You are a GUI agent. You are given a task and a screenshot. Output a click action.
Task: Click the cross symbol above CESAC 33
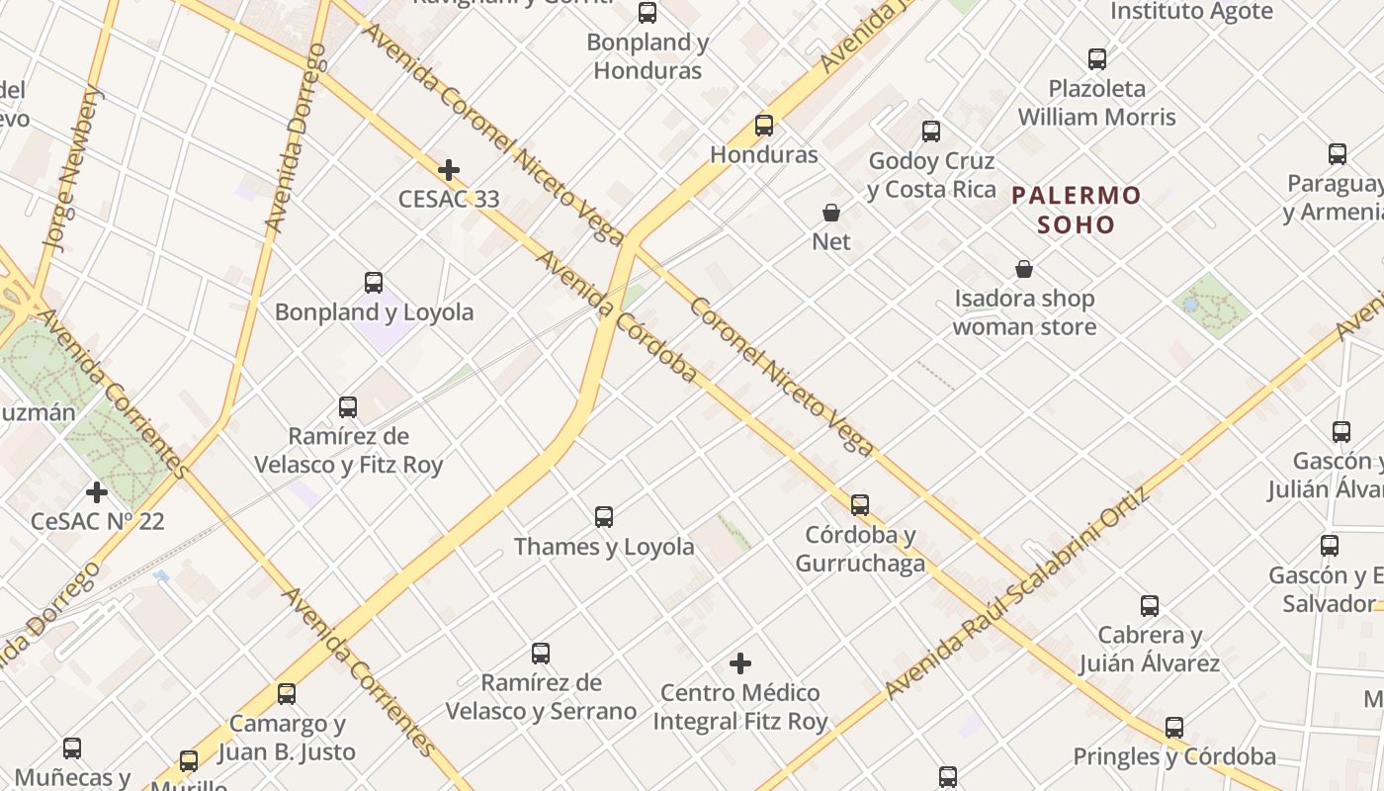click(x=449, y=170)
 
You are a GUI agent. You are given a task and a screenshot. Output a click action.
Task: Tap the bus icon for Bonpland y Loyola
click(x=374, y=283)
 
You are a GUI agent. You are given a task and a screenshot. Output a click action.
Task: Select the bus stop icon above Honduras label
click(x=764, y=126)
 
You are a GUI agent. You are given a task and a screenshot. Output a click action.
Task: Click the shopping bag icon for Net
click(x=831, y=213)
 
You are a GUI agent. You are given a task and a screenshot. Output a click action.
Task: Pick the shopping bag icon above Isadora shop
click(x=1024, y=269)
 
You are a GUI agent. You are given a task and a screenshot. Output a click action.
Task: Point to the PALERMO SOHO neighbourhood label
click(x=1076, y=210)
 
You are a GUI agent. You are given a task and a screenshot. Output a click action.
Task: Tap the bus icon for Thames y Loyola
click(x=604, y=516)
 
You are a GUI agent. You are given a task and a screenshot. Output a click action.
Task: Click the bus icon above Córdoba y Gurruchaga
click(x=860, y=505)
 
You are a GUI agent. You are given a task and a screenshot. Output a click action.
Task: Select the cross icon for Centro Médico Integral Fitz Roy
click(x=740, y=662)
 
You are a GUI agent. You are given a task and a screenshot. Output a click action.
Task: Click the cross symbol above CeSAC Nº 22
click(x=97, y=491)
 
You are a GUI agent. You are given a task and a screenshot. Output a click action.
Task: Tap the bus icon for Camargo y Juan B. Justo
click(x=287, y=694)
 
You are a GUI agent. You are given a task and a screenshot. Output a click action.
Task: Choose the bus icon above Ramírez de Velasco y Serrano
click(x=541, y=653)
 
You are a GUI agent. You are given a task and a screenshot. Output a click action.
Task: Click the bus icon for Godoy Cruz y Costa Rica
click(x=931, y=132)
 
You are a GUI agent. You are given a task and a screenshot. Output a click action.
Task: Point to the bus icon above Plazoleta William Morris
click(x=1097, y=59)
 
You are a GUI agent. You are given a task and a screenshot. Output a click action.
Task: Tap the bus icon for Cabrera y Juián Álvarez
click(x=1150, y=606)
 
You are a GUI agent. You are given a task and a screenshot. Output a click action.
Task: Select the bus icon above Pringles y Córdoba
click(x=1174, y=728)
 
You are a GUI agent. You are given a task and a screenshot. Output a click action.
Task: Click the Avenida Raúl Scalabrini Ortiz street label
click(x=1019, y=593)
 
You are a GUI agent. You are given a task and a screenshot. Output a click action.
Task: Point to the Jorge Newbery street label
click(x=73, y=168)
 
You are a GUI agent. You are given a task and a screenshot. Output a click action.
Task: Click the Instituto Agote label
click(x=1191, y=12)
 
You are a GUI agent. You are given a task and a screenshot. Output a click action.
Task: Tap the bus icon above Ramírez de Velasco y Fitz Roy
click(x=348, y=406)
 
